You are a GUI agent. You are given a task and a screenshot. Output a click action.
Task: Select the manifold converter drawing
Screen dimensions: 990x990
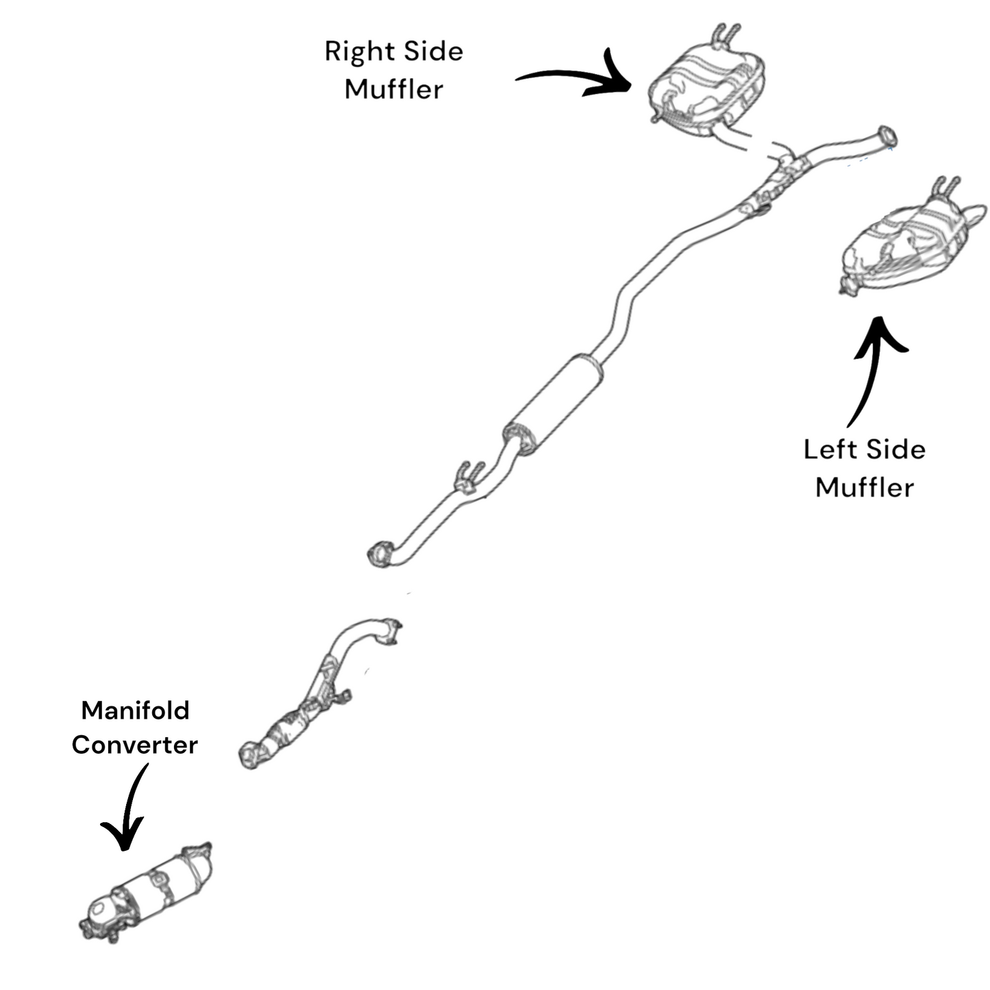147,894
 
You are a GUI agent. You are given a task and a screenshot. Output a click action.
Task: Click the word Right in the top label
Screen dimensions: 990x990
351,52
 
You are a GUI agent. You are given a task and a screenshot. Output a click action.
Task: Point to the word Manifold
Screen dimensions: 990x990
135,710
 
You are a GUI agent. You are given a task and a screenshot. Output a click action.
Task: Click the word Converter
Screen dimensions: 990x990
135,745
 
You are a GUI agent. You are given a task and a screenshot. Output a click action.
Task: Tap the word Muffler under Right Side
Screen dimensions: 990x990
393,90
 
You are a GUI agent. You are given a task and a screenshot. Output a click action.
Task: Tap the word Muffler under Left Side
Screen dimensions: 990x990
865,488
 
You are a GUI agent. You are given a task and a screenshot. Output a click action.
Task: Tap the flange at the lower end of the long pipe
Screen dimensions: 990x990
380,554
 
